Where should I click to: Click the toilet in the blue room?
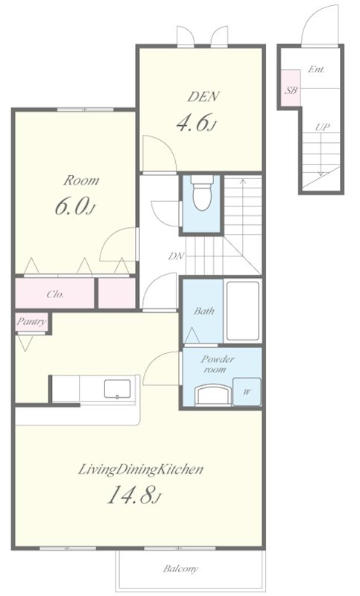coord(201,193)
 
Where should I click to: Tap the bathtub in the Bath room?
coord(242,311)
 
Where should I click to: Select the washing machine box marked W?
coord(247,392)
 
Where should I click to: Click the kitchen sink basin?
coord(118,388)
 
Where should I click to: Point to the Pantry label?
coord(31,322)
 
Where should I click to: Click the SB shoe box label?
coord(291,90)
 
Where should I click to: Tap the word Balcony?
coord(180,568)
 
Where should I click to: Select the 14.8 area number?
coord(135,495)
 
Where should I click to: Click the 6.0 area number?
coord(75,206)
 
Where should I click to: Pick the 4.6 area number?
coord(196,123)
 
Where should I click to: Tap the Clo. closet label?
coord(55,294)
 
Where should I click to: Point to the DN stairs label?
coord(176,256)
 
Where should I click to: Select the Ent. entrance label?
coord(316,69)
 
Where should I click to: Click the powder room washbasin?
coord(213,395)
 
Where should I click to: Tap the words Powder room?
coord(218,364)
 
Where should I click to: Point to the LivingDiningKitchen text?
coord(140,470)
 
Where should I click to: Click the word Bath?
coord(204,311)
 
